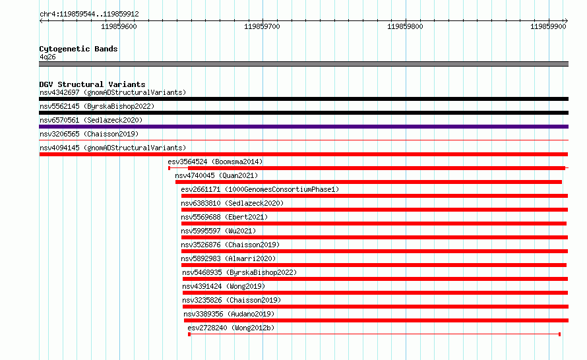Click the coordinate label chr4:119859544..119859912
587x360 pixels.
tap(89, 15)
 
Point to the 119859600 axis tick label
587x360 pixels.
tap(119, 26)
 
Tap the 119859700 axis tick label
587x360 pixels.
tap(262, 26)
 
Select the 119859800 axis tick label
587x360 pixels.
tap(405, 26)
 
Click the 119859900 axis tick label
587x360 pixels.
tap(548, 26)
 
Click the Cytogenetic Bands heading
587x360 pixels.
tap(78, 49)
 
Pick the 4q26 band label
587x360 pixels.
tap(47, 57)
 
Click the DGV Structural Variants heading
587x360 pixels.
tap(92, 84)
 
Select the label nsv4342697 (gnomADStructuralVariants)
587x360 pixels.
tap(113, 92)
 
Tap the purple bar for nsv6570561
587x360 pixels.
tap(303, 127)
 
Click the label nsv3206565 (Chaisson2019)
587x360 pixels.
tap(89, 134)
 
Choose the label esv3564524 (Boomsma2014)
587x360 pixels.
tap(215, 162)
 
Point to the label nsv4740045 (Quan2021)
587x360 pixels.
tap(216, 175)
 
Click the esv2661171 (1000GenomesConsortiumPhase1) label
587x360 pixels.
tap(260, 189)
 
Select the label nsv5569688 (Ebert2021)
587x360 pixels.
tap(224, 217)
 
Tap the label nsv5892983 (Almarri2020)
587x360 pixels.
tap(228, 258)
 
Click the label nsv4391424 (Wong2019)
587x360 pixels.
tap(224, 286)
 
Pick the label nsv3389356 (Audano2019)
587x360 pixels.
tap(229, 314)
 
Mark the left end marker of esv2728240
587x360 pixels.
tap(189, 334)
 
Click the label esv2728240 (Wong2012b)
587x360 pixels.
tap(231, 328)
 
